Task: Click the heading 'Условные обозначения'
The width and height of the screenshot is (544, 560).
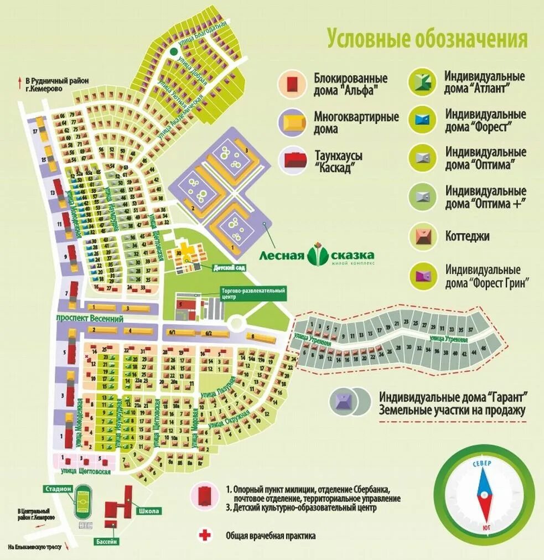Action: point(427,39)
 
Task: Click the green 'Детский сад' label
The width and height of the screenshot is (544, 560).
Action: point(229,267)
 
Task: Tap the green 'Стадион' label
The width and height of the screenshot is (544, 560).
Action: point(58,489)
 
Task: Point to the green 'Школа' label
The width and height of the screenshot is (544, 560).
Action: point(149,511)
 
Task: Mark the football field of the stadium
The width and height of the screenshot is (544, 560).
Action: point(84,502)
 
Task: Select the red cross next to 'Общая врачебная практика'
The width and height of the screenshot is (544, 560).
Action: point(205,535)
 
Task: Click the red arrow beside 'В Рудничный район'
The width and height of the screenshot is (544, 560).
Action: point(20,81)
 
